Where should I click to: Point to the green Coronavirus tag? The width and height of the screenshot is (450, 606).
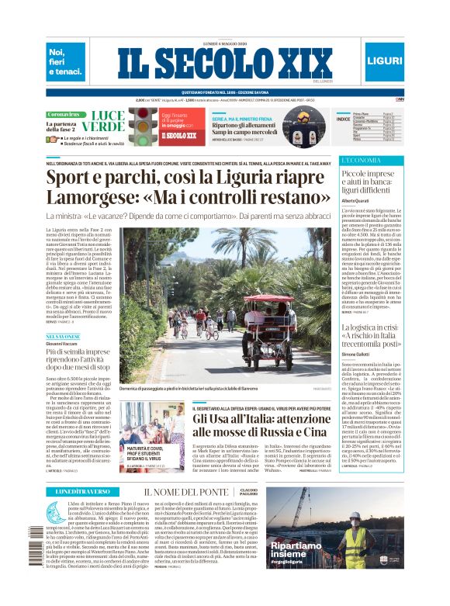64,114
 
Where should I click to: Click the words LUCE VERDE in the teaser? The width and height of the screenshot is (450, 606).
103,121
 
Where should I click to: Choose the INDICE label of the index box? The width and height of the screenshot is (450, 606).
342,119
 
